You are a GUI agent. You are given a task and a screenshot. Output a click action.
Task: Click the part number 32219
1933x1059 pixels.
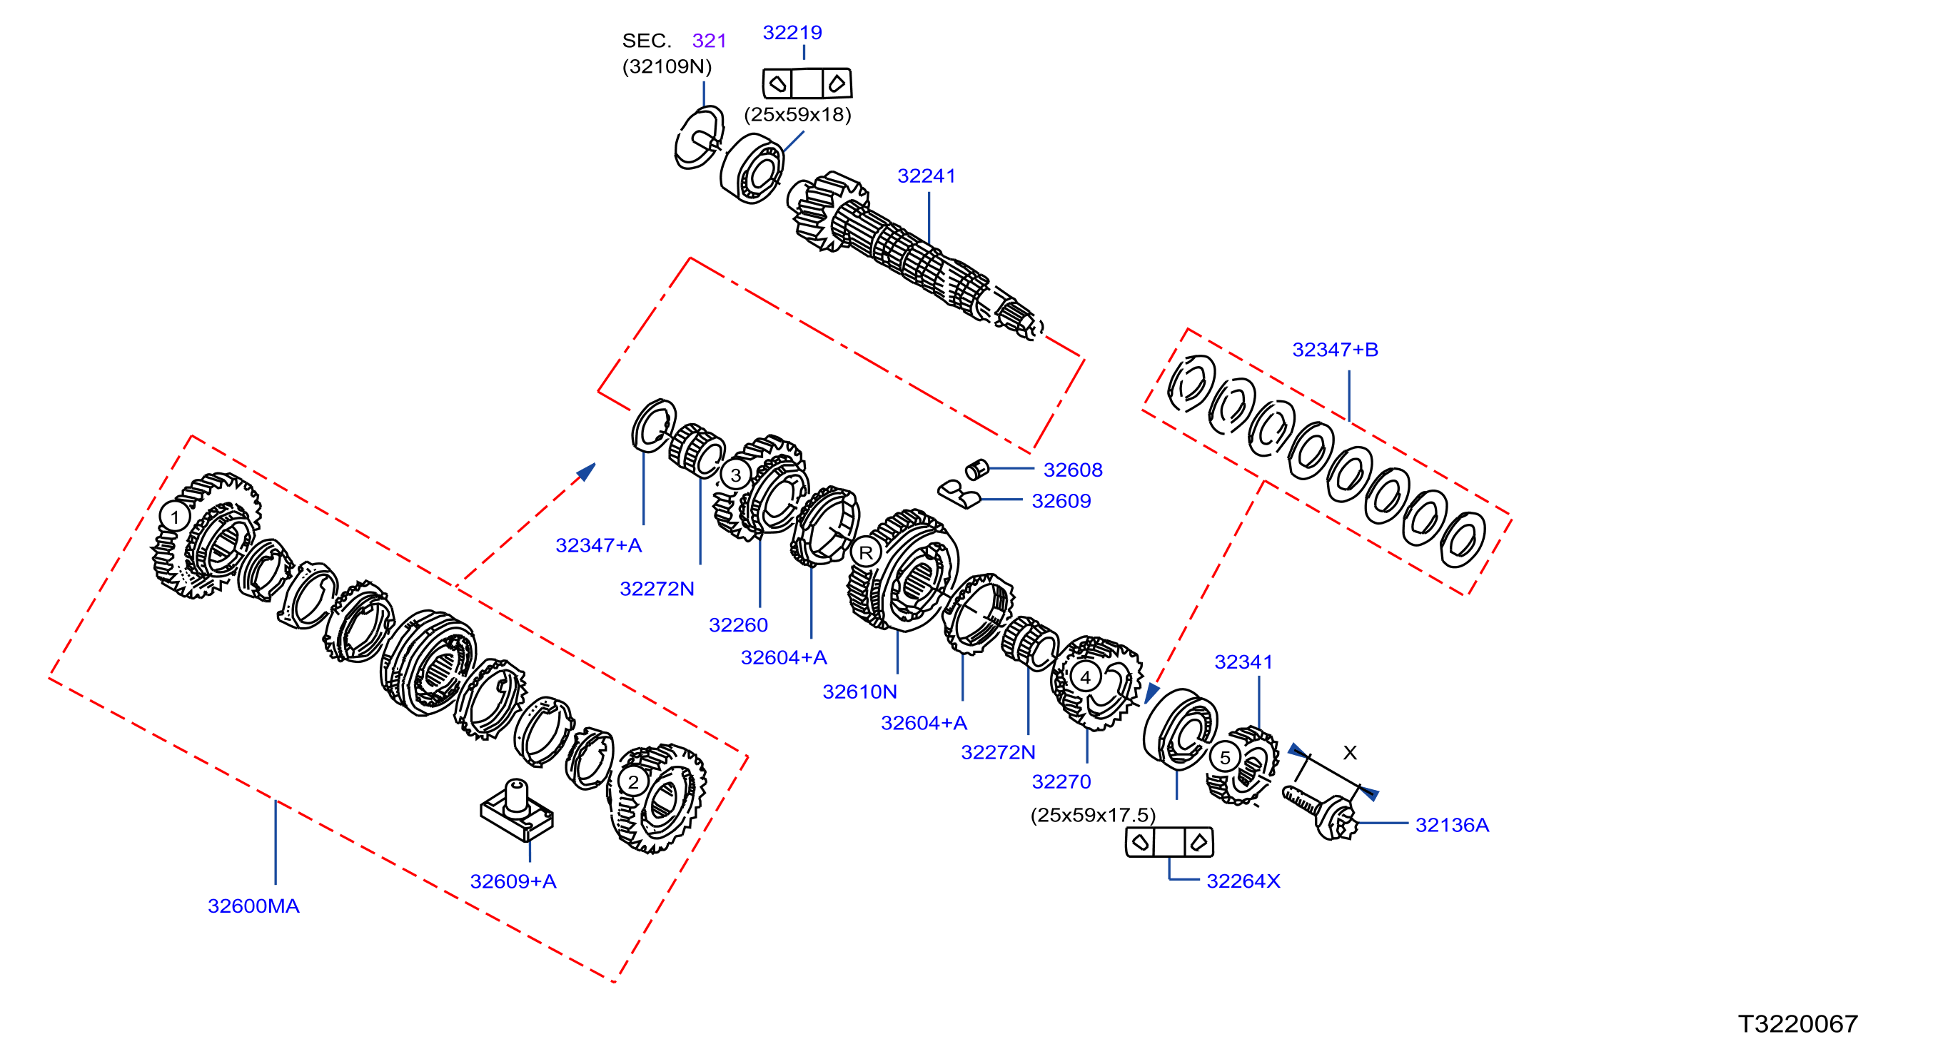click(x=792, y=32)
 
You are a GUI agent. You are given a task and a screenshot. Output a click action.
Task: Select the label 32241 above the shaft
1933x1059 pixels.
click(x=927, y=176)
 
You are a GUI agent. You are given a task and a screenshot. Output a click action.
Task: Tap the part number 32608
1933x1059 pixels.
click(x=1073, y=470)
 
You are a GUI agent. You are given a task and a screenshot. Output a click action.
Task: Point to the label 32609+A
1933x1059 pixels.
click(x=513, y=881)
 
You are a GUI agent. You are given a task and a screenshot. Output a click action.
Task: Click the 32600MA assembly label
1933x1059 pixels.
click(x=253, y=906)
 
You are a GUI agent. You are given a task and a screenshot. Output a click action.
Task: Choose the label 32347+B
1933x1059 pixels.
click(x=1335, y=350)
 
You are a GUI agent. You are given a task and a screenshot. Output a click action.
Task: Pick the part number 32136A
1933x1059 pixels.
click(x=1452, y=825)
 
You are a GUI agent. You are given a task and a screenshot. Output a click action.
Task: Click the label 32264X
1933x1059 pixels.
click(x=1243, y=881)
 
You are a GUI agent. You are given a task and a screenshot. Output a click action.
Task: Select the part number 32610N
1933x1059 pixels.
click(x=860, y=691)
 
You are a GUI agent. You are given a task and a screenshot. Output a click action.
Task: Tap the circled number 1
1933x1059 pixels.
click(x=175, y=517)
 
